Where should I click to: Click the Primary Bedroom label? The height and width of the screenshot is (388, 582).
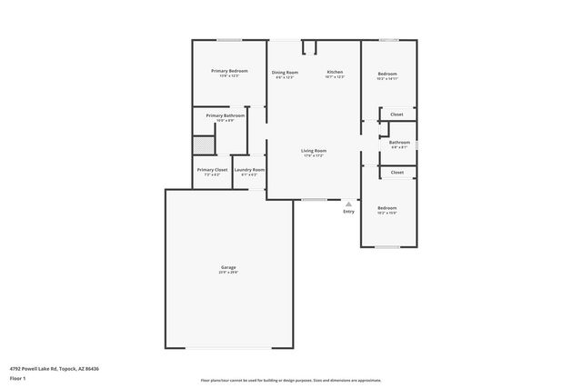pos(229,71)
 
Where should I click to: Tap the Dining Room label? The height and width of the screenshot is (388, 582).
pos(285,72)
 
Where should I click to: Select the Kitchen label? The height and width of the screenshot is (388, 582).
pos(335,72)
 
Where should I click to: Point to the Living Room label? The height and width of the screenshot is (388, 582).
pos(314,151)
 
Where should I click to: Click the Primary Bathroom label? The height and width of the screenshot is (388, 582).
pos(225,115)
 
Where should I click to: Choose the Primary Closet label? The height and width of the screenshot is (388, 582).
pos(212,170)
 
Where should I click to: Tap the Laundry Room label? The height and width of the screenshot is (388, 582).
pos(249,170)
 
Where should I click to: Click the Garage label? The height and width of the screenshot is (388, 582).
pos(228,267)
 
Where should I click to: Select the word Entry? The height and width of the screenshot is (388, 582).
pos(348,212)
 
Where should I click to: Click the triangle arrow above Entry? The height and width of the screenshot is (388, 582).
pos(348,204)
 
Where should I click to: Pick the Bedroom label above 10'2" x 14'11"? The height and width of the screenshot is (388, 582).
pos(387,74)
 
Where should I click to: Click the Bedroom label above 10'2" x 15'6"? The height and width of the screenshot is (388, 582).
pos(387,208)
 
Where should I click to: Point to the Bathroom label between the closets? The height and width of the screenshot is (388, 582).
pos(399,142)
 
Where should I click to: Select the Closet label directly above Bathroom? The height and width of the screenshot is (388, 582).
pos(396,114)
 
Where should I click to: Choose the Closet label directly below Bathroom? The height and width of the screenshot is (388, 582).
pos(397,172)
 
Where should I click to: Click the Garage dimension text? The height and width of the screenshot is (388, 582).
pos(228,272)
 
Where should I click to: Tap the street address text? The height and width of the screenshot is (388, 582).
pos(54,368)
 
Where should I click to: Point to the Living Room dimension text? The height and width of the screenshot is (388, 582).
pos(314,155)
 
